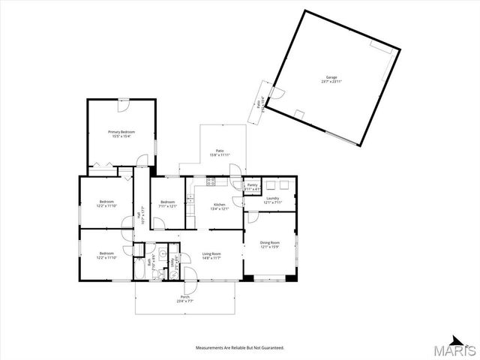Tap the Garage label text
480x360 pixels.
click(x=331, y=77)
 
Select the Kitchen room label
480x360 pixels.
click(x=220, y=204)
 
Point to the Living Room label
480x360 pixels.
click(x=211, y=254)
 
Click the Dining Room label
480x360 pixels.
click(x=270, y=243)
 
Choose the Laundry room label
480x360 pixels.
click(x=272, y=199)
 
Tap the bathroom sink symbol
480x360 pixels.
click(x=161, y=254)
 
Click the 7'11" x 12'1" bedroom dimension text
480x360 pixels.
click(x=166, y=206)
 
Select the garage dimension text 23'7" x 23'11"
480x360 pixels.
click(x=331, y=82)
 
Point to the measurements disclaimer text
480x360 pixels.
click(x=240, y=348)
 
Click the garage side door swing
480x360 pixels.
click(x=275, y=94)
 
